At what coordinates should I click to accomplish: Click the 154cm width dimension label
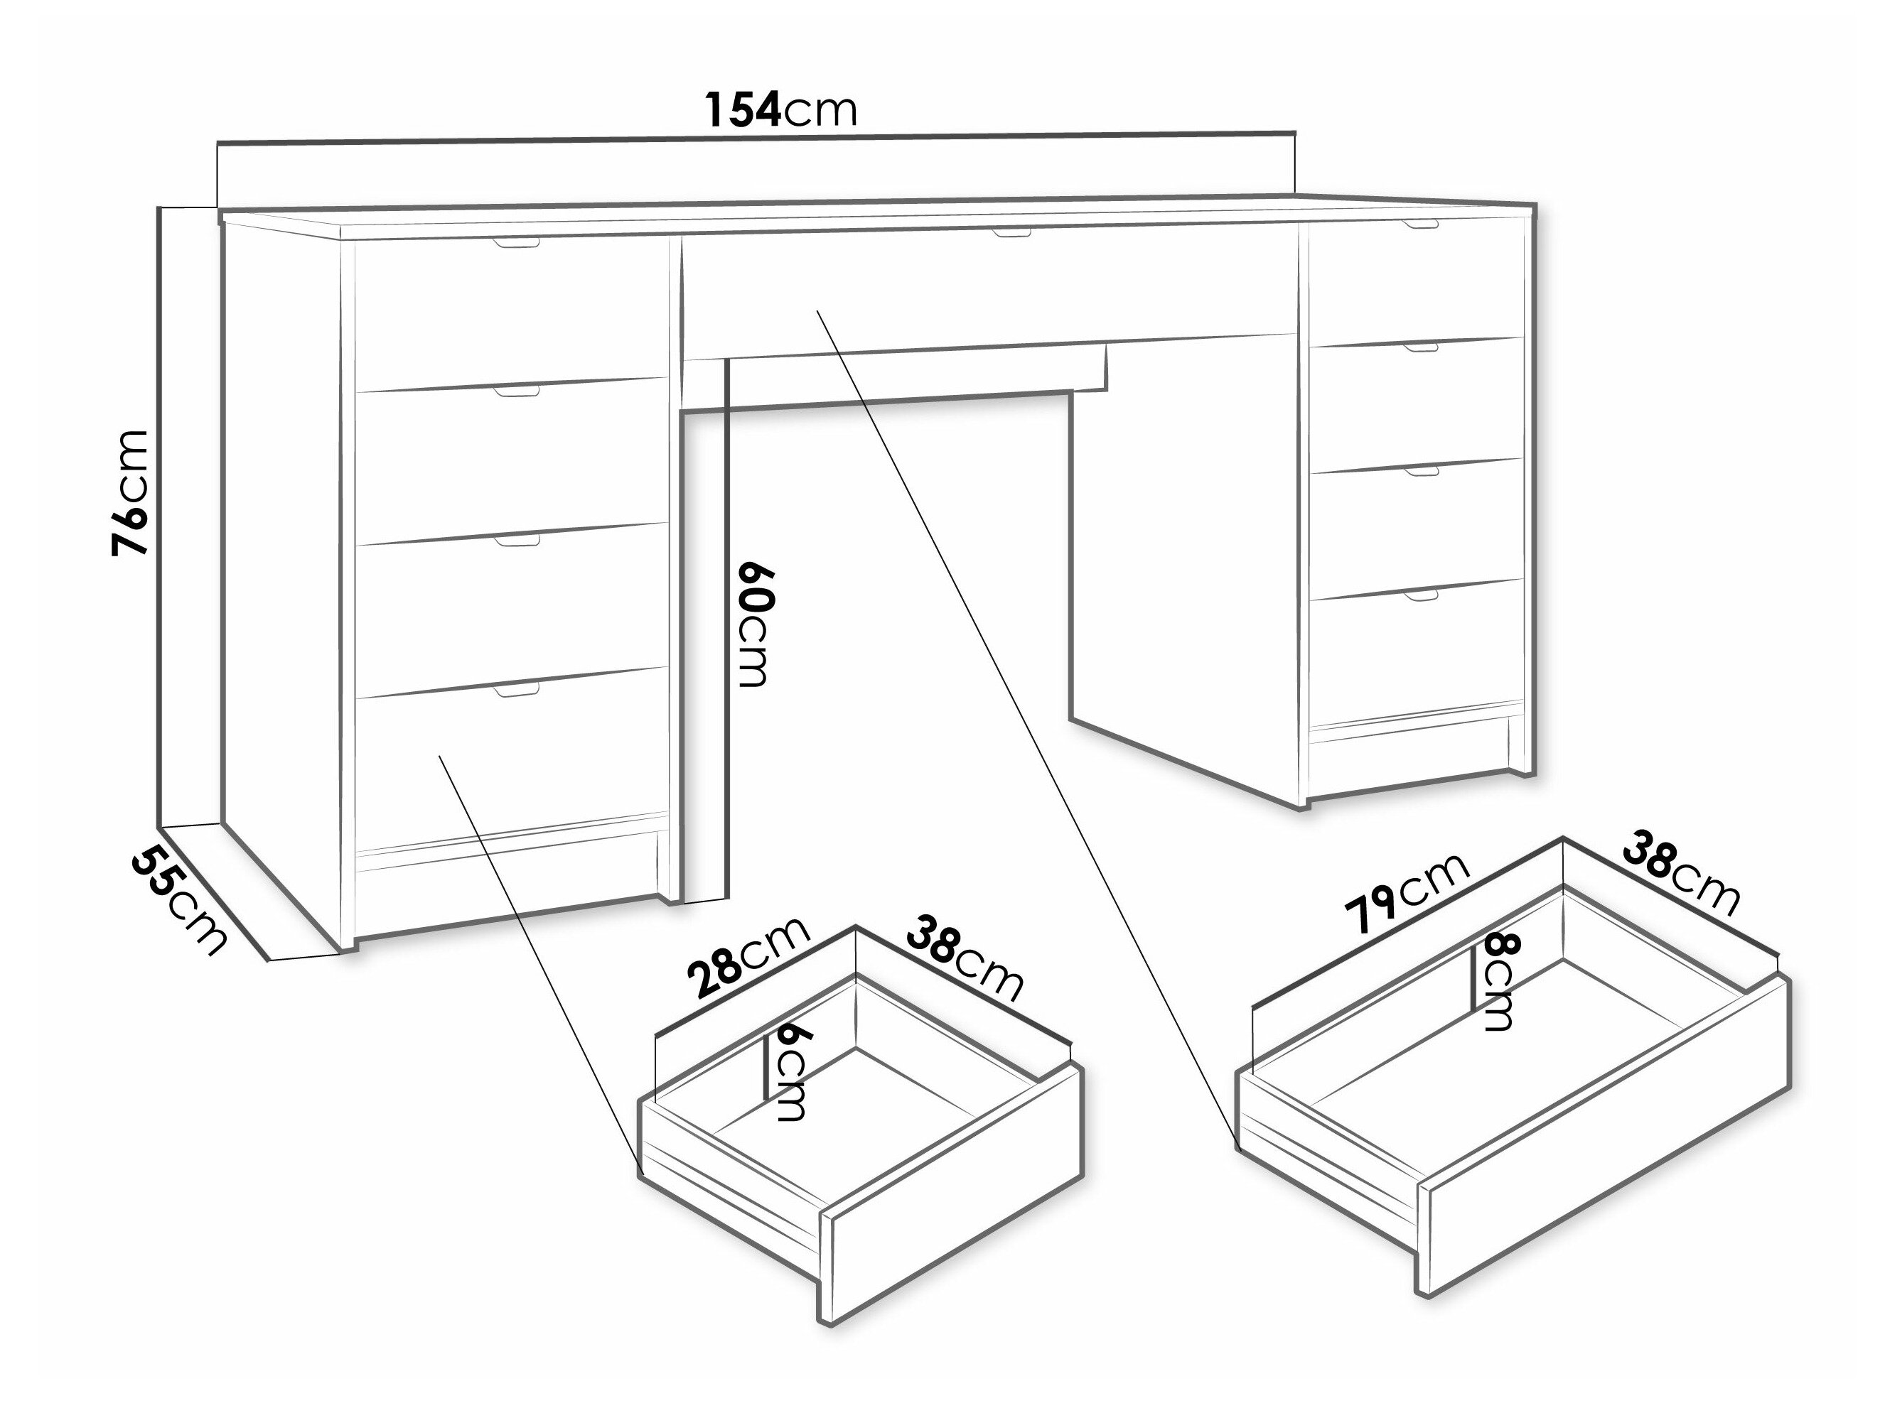[780, 110]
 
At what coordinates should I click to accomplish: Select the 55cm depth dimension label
[180, 901]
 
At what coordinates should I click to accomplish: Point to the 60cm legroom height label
[753, 624]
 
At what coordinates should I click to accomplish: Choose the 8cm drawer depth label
[1496, 982]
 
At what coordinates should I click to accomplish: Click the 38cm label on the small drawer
[964, 958]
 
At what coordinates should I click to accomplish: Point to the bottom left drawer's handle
[517, 690]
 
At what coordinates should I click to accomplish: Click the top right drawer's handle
[1421, 225]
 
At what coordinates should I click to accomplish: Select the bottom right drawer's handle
[1421, 595]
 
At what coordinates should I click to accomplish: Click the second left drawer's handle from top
[517, 392]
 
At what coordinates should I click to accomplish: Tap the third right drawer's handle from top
[1421, 471]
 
